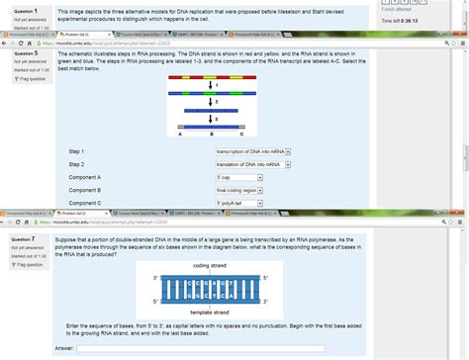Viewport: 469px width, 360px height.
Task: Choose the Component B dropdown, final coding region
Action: (x=240, y=190)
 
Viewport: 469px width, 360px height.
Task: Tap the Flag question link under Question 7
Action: (x=26, y=265)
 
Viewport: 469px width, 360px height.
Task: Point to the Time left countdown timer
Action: (x=402, y=20)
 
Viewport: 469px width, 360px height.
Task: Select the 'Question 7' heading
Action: (x=24, y=239)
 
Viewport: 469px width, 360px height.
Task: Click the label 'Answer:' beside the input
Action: (x=63, y=348)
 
